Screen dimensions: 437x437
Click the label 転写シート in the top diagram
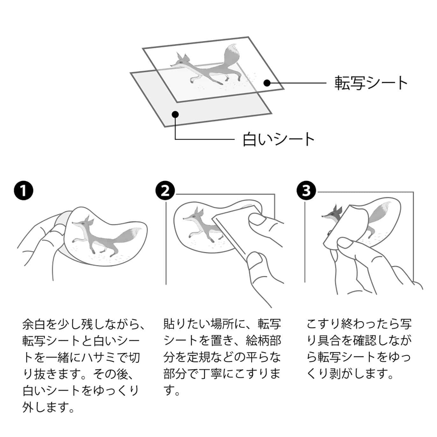click(x=371, y=83)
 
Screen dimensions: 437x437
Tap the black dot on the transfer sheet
click(x=267, y=83)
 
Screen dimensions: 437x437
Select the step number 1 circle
click(x=24, y=191)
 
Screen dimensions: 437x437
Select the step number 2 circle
click(x=165, y=191)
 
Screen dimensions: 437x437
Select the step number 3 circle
click(x=306, y=191)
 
